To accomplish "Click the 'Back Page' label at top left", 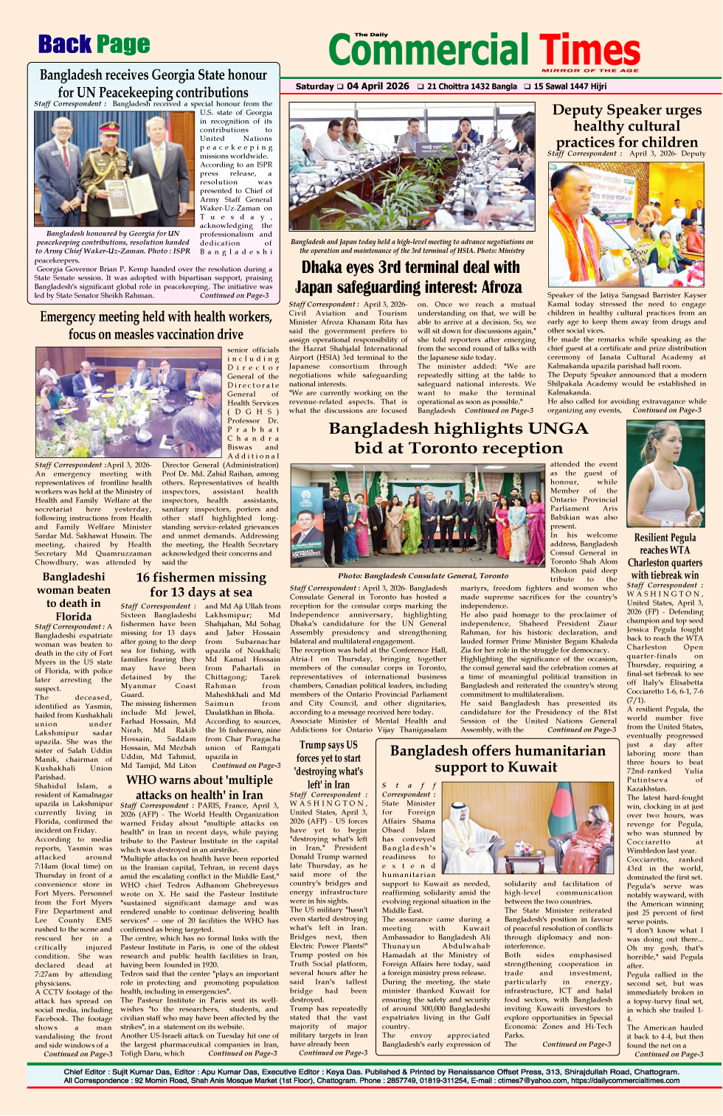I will point(94,45).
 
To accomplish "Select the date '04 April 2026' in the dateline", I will point(378,86).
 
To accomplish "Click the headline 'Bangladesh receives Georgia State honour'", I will point(153,75).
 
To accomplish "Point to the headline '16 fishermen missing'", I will point(201,578).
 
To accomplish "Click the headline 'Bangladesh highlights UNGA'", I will point(458,429).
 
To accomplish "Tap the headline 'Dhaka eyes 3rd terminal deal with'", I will point(410,268).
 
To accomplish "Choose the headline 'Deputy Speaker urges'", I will point(627,111).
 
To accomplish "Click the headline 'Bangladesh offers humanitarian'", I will point(498,751).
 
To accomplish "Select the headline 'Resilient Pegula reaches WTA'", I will point(665,544).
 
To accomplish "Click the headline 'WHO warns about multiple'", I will point(199,780).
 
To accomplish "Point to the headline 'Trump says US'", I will point(328,745).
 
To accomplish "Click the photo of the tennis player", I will point(664,474).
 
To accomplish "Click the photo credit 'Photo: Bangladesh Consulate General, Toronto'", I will point(423,575).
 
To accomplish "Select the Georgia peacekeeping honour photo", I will point(114,169).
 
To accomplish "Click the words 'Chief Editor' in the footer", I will point(85,1072).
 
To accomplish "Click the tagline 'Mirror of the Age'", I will point(589,70).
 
